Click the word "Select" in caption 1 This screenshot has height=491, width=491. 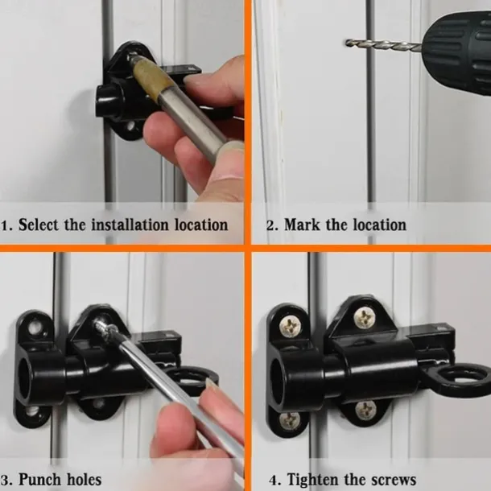(38, 224)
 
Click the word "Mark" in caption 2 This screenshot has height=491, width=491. (303, 224)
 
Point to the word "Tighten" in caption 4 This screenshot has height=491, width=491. (314, 481)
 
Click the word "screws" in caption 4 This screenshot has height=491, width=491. (391, 481)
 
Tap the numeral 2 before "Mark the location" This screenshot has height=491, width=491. (270, 225)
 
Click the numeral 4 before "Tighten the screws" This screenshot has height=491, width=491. (274, 481)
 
